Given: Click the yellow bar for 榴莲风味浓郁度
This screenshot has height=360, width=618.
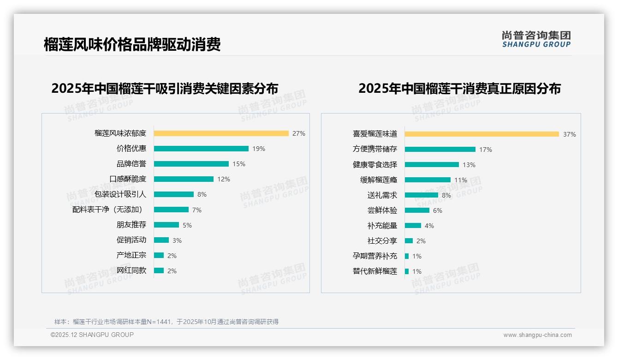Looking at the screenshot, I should pyautogui.click(x=221, y=133).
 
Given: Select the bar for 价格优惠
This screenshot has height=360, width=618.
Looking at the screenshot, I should pyautogui.click(x=201, y=149).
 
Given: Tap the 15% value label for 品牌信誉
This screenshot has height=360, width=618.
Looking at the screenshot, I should pyautogui.click(x=239, y=164).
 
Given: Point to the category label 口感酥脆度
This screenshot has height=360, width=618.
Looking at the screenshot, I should pyautogui.click(x=128, y=179).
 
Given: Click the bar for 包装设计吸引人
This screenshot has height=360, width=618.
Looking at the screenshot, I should pyautogui.click(x=174, y=194).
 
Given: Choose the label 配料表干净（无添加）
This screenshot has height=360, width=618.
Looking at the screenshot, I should pyautogui.click(x=109, y=210).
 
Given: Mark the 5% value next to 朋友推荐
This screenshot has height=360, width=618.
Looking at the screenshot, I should pyautogui.click(x=187, y=225).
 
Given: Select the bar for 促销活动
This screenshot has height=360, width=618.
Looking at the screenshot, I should pyautogui.click(x=161, y=240).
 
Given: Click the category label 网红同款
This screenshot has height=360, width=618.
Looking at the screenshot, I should pyautogui.click(x=131, y=270).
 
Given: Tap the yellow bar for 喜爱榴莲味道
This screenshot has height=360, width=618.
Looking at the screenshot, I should pyautogui.click(x=482, y=134).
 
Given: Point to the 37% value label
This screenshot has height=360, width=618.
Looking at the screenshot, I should pyautogui.click(x=569, y=134).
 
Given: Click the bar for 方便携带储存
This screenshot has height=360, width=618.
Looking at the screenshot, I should pyautogui.click(x=440, y=149).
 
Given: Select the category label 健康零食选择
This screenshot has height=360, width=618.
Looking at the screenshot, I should pyautogui.click(x=375, y=165).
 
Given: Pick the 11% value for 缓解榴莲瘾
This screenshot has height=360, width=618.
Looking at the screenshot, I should pyautogui.click(x=461, y=180).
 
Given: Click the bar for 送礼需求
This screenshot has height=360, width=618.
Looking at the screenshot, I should pyautogui.click(x=422, y=195).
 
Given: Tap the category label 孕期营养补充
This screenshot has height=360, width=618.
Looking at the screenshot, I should pyautogui.click(x=375, y=256).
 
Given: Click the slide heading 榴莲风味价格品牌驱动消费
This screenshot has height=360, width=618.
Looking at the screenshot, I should pyautogui.click(x=132, y=44).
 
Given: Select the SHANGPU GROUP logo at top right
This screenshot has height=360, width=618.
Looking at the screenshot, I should pyautogui.click(x=536, y=39).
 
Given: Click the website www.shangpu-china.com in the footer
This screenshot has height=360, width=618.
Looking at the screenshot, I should pyautogui.click(x=537, y=335).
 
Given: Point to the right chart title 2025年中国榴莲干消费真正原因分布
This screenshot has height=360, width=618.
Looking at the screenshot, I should pyautogui.click(x=459, y=88).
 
